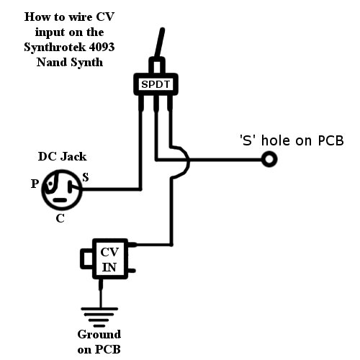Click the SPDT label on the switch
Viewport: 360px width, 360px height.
pos(156,84)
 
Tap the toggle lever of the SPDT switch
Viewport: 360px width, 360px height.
pos(160,43)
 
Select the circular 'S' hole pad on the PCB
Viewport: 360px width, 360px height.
pos(269,159)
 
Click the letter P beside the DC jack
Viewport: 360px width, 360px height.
pos(35,184)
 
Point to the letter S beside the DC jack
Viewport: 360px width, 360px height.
pos(86,177)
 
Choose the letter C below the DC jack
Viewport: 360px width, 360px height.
pos(60,218)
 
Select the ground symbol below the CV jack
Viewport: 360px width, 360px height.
pos(99,317)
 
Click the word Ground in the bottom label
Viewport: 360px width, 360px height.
pos(99,334)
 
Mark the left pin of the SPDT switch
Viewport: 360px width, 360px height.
pos(141,103)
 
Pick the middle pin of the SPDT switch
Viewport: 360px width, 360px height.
pos(156,103)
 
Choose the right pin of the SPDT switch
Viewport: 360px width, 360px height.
pos(170,103)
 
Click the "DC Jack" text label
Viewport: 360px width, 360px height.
pos(62,157)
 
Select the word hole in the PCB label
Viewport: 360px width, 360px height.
pos(276,140)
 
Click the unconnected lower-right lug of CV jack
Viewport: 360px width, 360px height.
pos(132,271)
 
